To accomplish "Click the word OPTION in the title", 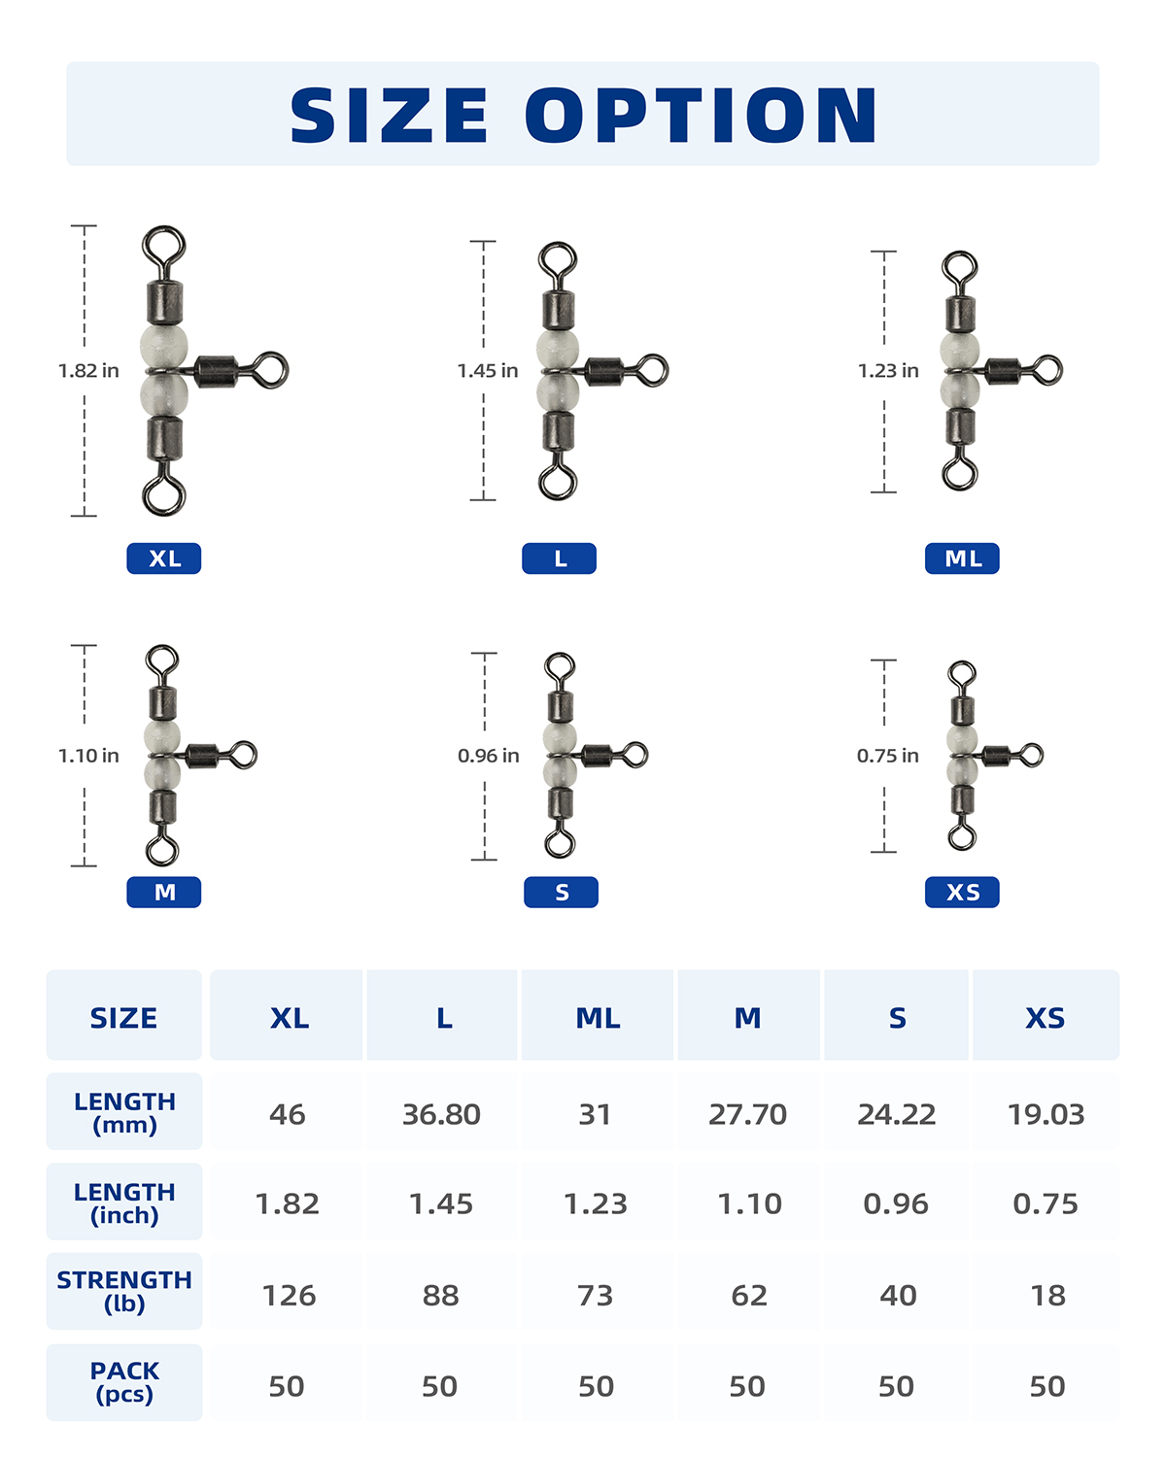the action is pyautogui.click(x=702, y=115).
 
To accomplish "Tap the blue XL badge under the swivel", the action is pyautogui.click(x=164, y=559).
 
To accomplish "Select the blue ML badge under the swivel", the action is pyautogui.click(x=962, y=559).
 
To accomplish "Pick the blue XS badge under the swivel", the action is pyautogui.click(x=962, y=892).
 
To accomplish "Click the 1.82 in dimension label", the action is pyautogui.click(x=88, y=371).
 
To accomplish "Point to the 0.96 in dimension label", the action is pyautogui.click(x=489, y=756).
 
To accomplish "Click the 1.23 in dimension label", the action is pyautogui.click(x=888, y=371).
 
